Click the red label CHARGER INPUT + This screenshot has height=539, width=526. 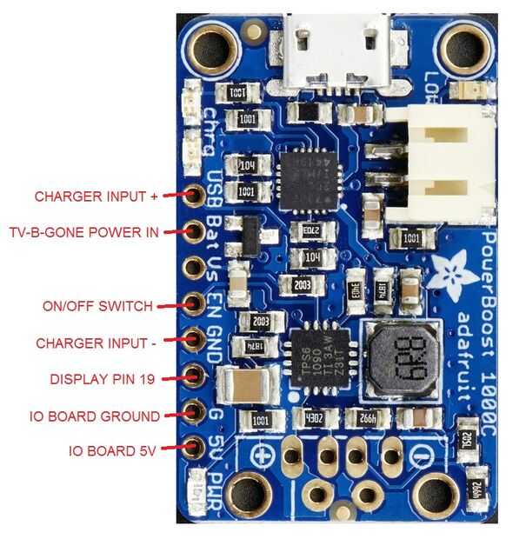96,196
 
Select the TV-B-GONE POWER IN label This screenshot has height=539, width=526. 83,232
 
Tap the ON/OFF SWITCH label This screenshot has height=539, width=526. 97,306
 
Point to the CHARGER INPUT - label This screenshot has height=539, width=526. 96,343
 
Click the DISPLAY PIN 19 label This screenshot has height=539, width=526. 105,379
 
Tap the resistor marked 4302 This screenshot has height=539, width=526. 314,417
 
